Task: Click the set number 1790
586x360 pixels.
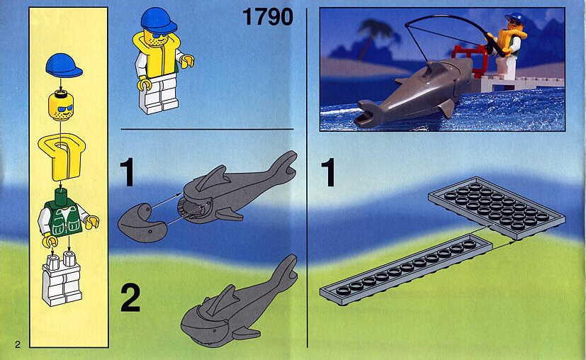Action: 268,17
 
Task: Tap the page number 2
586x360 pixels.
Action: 18,344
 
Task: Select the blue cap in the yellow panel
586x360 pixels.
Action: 64,65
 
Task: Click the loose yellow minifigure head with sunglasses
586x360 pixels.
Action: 60,106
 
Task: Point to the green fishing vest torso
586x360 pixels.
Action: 66,218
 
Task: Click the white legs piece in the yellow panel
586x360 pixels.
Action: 62,279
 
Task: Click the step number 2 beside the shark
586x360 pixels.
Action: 130,298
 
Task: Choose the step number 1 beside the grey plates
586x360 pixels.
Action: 328,172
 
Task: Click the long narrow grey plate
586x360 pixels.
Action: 406,270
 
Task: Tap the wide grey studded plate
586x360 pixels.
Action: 497,208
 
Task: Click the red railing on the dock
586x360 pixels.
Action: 471,60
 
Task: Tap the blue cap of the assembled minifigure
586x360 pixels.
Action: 159,21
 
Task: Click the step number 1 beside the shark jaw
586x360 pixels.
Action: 128,172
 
